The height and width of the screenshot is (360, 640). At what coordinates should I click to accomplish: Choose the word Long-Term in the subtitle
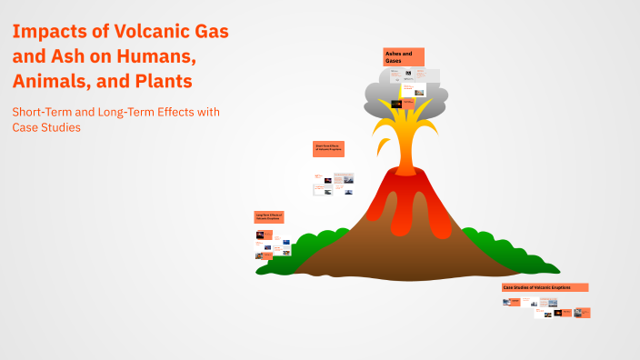[132, 112]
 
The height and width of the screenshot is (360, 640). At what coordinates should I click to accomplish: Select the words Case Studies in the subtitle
[46, 127]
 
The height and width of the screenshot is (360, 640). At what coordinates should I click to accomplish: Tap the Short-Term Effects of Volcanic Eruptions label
[328, 149]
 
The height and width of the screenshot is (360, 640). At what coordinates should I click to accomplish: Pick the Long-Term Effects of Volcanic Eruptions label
[270, 216]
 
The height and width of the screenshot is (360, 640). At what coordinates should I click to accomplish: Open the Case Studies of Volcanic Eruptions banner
[545, 287]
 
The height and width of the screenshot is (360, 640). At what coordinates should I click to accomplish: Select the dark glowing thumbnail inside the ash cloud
[396, 104]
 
